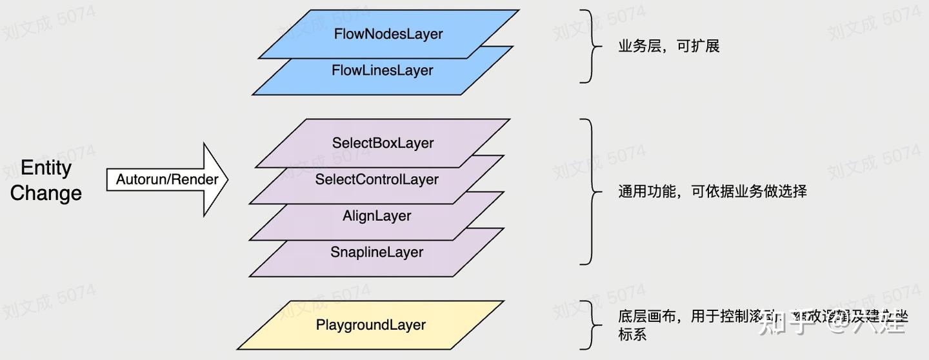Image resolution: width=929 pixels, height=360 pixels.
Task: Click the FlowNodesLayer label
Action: point(388,34)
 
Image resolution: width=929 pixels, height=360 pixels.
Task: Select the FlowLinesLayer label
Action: point(382,70)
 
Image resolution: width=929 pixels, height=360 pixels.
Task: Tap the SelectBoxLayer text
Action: point(383,143)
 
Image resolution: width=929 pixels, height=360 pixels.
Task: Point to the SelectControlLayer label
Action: point(377,179)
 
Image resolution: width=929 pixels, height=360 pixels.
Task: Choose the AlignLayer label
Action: point(377,215)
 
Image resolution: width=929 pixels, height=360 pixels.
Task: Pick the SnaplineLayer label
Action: point(377,252)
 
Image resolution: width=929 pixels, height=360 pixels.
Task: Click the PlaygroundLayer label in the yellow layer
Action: point(371,325)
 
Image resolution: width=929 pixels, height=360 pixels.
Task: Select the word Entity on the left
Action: point(46,168)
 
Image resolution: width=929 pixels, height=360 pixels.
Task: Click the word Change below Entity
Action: point(46,193)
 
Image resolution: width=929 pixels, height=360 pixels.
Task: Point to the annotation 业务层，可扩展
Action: point(668,46)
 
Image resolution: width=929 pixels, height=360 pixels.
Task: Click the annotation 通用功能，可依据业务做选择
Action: point(712,192)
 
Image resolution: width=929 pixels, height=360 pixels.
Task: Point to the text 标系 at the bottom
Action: point(632,334)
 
